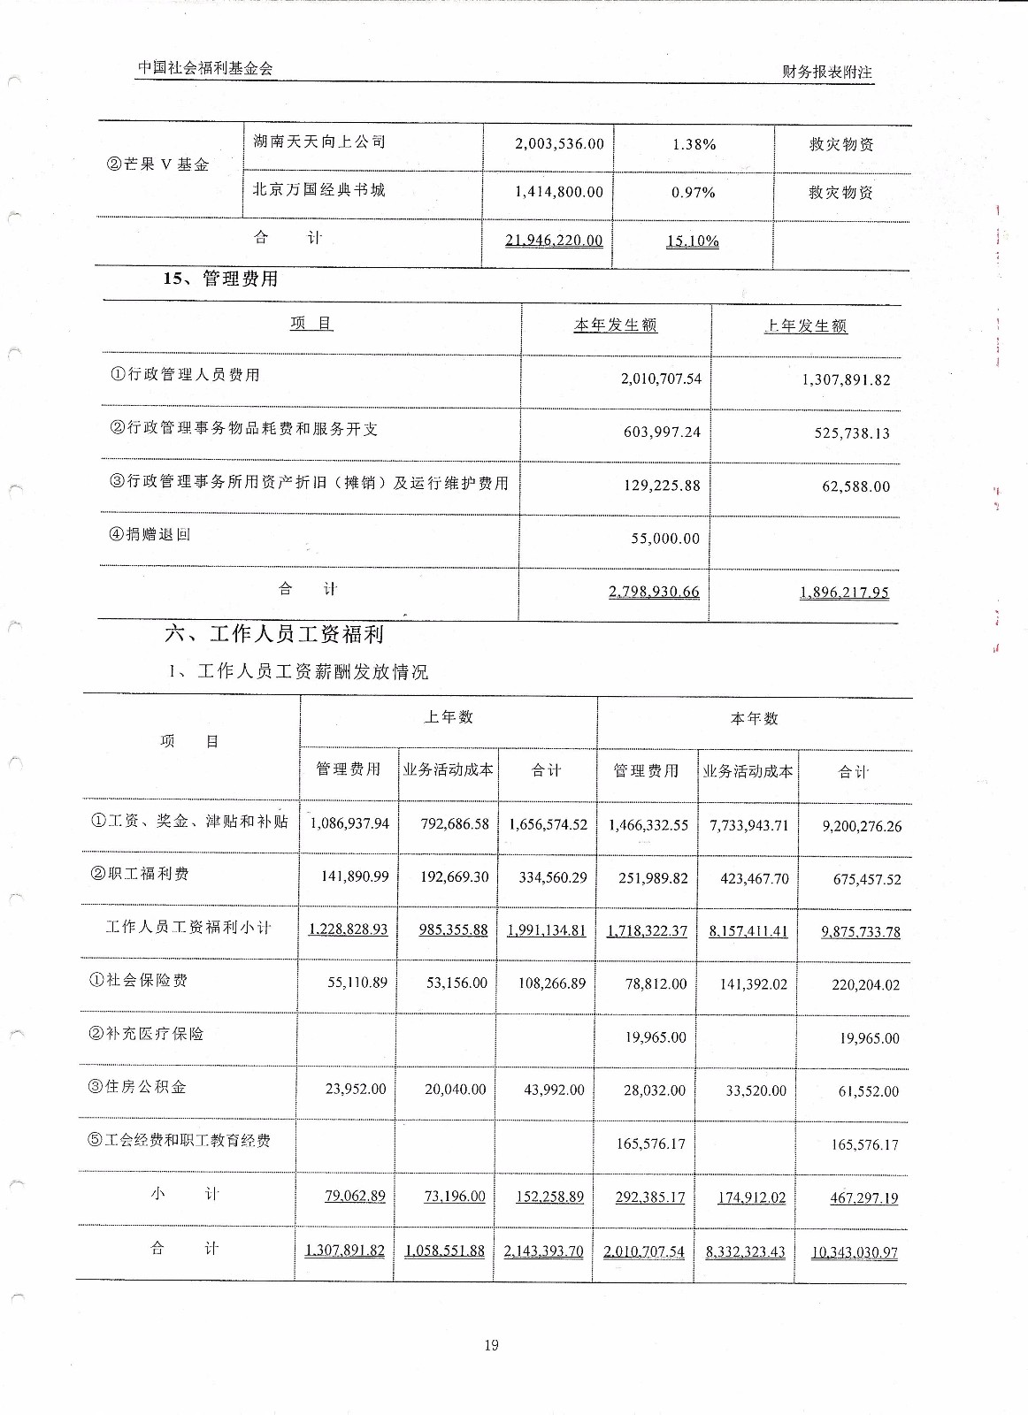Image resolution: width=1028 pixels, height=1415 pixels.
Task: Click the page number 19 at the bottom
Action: (492, 1345)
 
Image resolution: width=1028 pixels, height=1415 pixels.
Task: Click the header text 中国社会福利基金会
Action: (205, 68)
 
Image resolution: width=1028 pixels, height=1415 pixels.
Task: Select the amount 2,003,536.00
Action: (559, 143)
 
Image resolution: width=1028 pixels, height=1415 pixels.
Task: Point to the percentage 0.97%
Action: (693, 192)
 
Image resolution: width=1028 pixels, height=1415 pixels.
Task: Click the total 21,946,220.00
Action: (554, 241)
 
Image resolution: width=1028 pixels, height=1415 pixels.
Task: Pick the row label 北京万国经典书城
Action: (318, 189)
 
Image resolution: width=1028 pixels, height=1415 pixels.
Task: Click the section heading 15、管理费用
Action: (220, 279)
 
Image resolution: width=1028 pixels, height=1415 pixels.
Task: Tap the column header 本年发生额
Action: (615, 325)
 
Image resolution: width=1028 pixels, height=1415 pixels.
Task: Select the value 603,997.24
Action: (662, 432)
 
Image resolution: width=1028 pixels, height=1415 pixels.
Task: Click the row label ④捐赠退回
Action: (150, 534)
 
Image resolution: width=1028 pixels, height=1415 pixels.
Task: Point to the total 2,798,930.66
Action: (654, 592)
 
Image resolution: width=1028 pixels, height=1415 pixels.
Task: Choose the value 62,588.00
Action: (855, 486)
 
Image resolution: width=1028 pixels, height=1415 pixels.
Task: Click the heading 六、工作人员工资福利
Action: (274, 634)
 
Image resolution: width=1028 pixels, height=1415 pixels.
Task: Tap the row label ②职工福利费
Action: (139, 874)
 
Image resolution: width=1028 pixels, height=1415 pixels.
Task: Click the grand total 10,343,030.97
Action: (854, 1252)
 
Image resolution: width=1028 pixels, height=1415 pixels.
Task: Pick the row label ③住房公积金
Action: (137, 1087)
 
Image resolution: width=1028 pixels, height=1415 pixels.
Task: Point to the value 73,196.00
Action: (455, 1197)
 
